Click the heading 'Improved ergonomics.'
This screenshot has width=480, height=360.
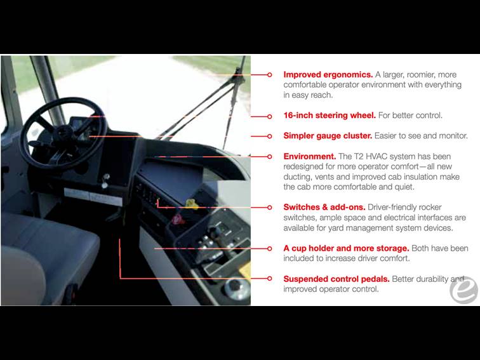(x=328, y=75)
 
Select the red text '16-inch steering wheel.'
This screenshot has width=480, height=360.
(x=330, y=116)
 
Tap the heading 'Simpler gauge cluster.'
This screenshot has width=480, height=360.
(x=328, y=136)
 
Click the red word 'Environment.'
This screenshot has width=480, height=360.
(x=309, y=156)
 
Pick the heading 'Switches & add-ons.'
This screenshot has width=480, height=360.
(x=324, y=207)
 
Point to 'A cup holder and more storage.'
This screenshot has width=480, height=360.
(x=346, y=248)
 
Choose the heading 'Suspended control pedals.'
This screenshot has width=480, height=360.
(x=337, y=279)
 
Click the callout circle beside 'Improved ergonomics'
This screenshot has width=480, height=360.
(x=269, y=75)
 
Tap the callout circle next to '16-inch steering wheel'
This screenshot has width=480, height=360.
(x=269, y=116)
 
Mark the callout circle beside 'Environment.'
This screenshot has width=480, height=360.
(x=269, y=157)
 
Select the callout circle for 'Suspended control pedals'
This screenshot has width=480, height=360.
(x=269, y=278)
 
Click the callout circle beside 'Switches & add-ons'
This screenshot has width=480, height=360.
(x=269, y=208)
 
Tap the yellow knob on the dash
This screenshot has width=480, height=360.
(x=191, y=204)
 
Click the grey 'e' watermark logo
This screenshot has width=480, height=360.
(x=463, y=290)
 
